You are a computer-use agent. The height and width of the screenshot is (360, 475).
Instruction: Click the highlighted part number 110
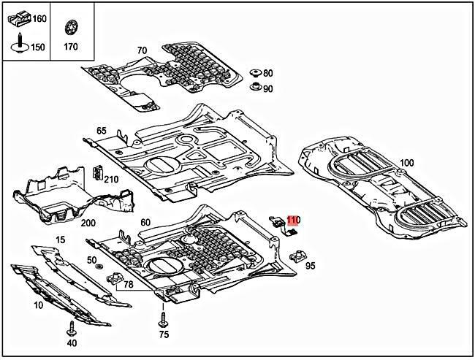pos(293,220)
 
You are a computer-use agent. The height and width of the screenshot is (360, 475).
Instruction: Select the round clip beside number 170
pos(71,28)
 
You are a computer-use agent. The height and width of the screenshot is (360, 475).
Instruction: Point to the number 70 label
pos(142,50)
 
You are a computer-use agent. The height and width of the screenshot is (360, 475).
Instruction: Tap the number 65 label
pos(101,131)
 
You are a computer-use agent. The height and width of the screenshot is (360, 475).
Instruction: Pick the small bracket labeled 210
pos(97,175)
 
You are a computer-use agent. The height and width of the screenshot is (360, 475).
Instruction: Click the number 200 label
pos(88,223)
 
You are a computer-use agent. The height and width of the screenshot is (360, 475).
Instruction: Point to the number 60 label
pos(145,222)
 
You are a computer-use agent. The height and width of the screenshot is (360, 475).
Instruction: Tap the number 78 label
pos(128,285)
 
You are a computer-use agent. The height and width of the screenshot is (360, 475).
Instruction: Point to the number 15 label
pos(60,240)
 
